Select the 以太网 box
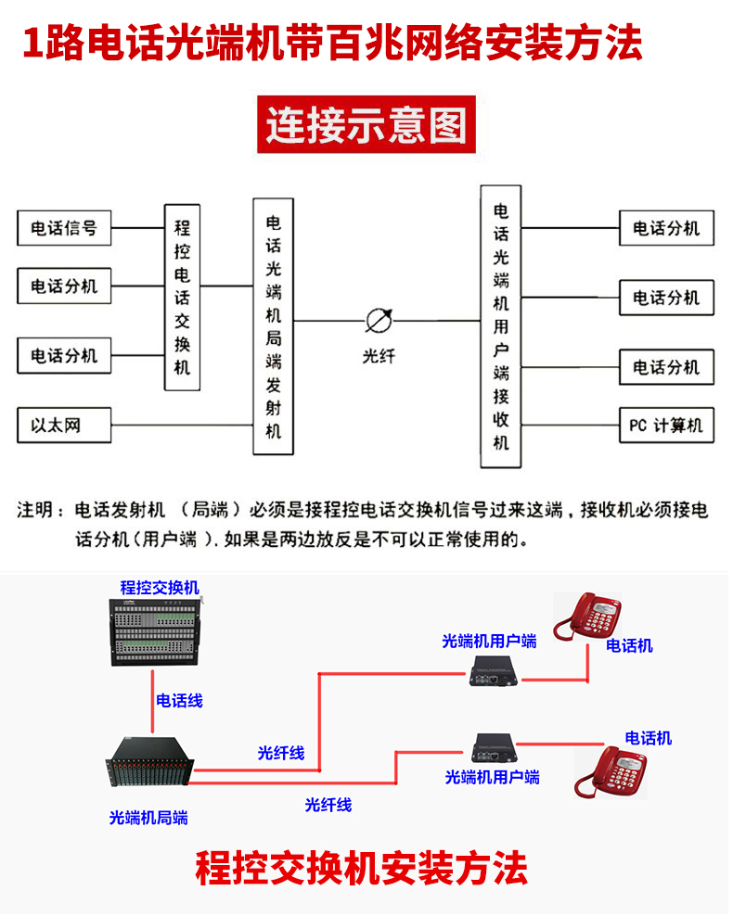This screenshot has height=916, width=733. [x=64, y=426]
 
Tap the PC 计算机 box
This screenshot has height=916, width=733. [x=666, y=426]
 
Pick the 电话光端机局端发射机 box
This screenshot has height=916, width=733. [x=274, y=325]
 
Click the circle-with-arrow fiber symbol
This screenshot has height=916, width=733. [x=379, y=321]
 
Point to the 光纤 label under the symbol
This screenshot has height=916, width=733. [x=379, y=355]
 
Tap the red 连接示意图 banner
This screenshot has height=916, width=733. [x=366, y=124]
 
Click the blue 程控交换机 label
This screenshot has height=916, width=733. [x=160, y=588]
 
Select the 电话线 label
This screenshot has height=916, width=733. [x=179, y=701]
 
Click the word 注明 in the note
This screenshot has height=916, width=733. [x=39, y=510]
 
